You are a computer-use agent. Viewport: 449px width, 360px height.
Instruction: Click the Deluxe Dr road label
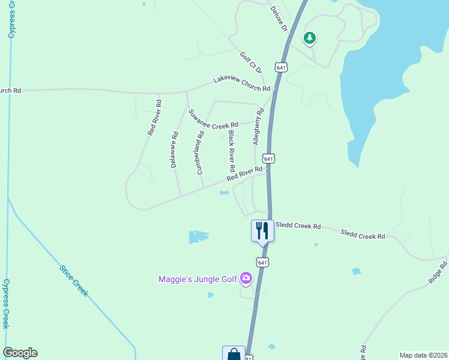tap(279, 19)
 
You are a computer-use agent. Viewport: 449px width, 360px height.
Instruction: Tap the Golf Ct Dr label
tap(252, 62)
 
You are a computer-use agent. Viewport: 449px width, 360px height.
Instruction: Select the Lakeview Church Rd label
tap(242, 85)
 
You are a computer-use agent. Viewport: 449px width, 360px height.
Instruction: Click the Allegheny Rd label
tap(259, 127)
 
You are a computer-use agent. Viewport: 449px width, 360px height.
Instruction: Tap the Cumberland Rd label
tap(200, 151)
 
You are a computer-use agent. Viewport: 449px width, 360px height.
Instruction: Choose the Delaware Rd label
tap(175, 149)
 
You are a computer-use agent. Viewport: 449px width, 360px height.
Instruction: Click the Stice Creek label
tap(74, 281)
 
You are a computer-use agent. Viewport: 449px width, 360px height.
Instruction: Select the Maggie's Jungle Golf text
tap(197, 279)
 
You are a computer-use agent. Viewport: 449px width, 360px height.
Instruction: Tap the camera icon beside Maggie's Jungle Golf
tap(246, 278)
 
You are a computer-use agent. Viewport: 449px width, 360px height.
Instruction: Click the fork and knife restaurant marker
tap(262, 229)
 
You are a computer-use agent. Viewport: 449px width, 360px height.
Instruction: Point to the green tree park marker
tap(310, 39)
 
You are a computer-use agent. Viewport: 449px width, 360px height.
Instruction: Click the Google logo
tap(20, 353)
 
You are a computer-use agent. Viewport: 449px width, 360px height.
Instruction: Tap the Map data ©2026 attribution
tap(423, 355)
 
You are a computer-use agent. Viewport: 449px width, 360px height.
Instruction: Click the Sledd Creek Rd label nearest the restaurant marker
tap(298, 227)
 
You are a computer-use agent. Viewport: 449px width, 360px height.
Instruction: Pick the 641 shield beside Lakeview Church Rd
tap(281, 67)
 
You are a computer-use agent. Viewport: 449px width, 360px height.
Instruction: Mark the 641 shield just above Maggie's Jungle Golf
tap(262, 262)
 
